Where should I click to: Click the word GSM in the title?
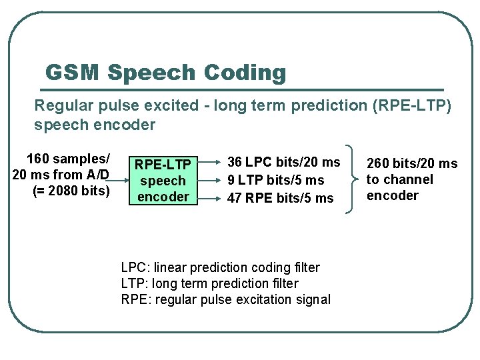[71, 72]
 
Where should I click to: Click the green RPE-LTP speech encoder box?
[163, 180]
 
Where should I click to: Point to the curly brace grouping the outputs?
[349, 179]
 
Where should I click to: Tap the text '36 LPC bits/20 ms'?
[284, 162]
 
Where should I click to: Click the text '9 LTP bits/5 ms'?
[275, 180]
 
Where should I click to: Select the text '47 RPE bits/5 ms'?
[280, 198]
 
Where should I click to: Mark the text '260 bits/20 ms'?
[412, 163]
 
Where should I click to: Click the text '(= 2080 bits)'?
[70, 191]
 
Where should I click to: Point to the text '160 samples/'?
[67, 159]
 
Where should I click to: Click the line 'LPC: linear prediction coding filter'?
[220, 267]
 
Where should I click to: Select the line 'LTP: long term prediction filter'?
[210, 283]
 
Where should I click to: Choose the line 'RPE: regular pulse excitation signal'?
[225, 299]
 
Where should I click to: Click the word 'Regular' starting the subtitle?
[60, 105]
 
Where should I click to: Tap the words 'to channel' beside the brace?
[400, 179]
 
